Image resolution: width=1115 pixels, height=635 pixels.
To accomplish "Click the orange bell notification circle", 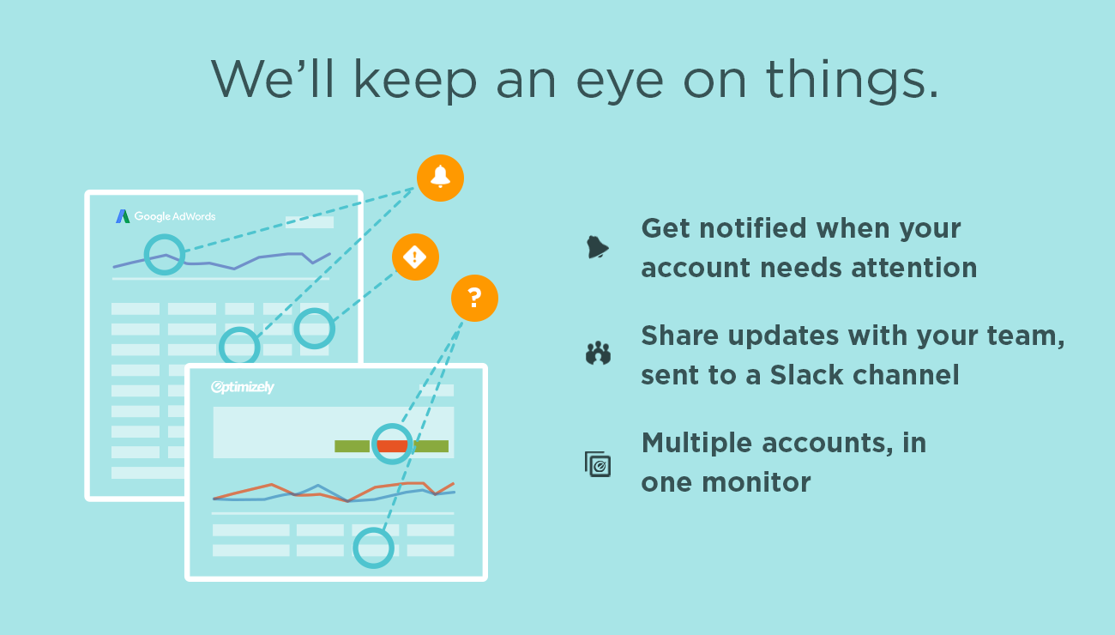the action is pos(441,178).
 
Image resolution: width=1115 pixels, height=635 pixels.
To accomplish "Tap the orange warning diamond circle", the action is pos(415,257).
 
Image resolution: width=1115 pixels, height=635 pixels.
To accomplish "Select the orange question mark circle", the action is pos(474,299).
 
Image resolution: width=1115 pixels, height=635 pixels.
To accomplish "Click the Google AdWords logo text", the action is pos(175,216).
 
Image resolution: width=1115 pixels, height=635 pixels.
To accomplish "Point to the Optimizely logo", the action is pos(243,387).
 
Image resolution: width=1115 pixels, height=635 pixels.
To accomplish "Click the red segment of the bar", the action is pos(392,445).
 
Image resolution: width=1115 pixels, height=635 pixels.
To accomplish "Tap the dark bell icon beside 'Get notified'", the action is pos(597,247).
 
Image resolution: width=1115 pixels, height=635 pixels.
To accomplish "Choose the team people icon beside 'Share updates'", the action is pos(598,354).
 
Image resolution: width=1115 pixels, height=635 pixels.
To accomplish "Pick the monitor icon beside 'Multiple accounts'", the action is pos(598,464).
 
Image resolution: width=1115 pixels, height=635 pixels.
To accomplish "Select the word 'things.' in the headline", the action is pos(852,79).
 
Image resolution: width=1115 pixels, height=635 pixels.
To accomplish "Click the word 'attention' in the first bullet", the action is pos(914,268).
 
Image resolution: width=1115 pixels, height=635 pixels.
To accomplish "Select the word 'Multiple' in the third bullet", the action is pos(696,443).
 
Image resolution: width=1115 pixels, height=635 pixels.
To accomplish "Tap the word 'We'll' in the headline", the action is pos(272,78).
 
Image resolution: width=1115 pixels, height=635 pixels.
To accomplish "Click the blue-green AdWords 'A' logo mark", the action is pos(123,216).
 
